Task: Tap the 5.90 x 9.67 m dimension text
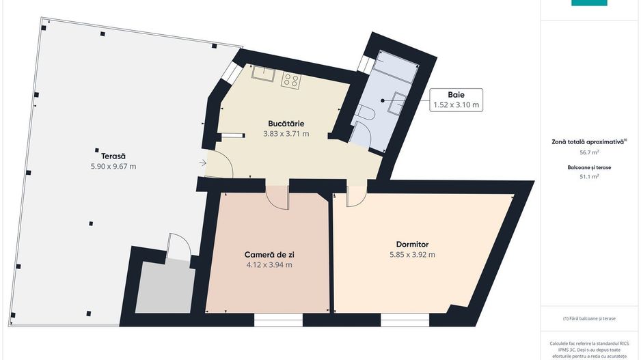click(x=113, y=167)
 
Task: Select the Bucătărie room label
click(x=286, y=124)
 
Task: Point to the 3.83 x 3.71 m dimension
click(x=286, y=134)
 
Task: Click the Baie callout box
click(x=456, y=100)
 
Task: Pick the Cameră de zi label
click(x=269, y=254)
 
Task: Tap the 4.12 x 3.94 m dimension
click(x=269, y=265)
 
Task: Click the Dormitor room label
click(x=412, y=244)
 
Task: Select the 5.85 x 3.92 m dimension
click(x=412, y=255)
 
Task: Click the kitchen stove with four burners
click(x=290, y=81)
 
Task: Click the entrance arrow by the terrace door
click(x=203, y=163)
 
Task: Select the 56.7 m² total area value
click(x=589, y=153)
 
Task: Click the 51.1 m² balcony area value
click(x=589, y=176)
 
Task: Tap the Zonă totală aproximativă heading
click(x=589, y=141)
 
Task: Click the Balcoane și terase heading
click(x=589, y=166)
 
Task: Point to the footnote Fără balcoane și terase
click(x=589, y=318)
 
